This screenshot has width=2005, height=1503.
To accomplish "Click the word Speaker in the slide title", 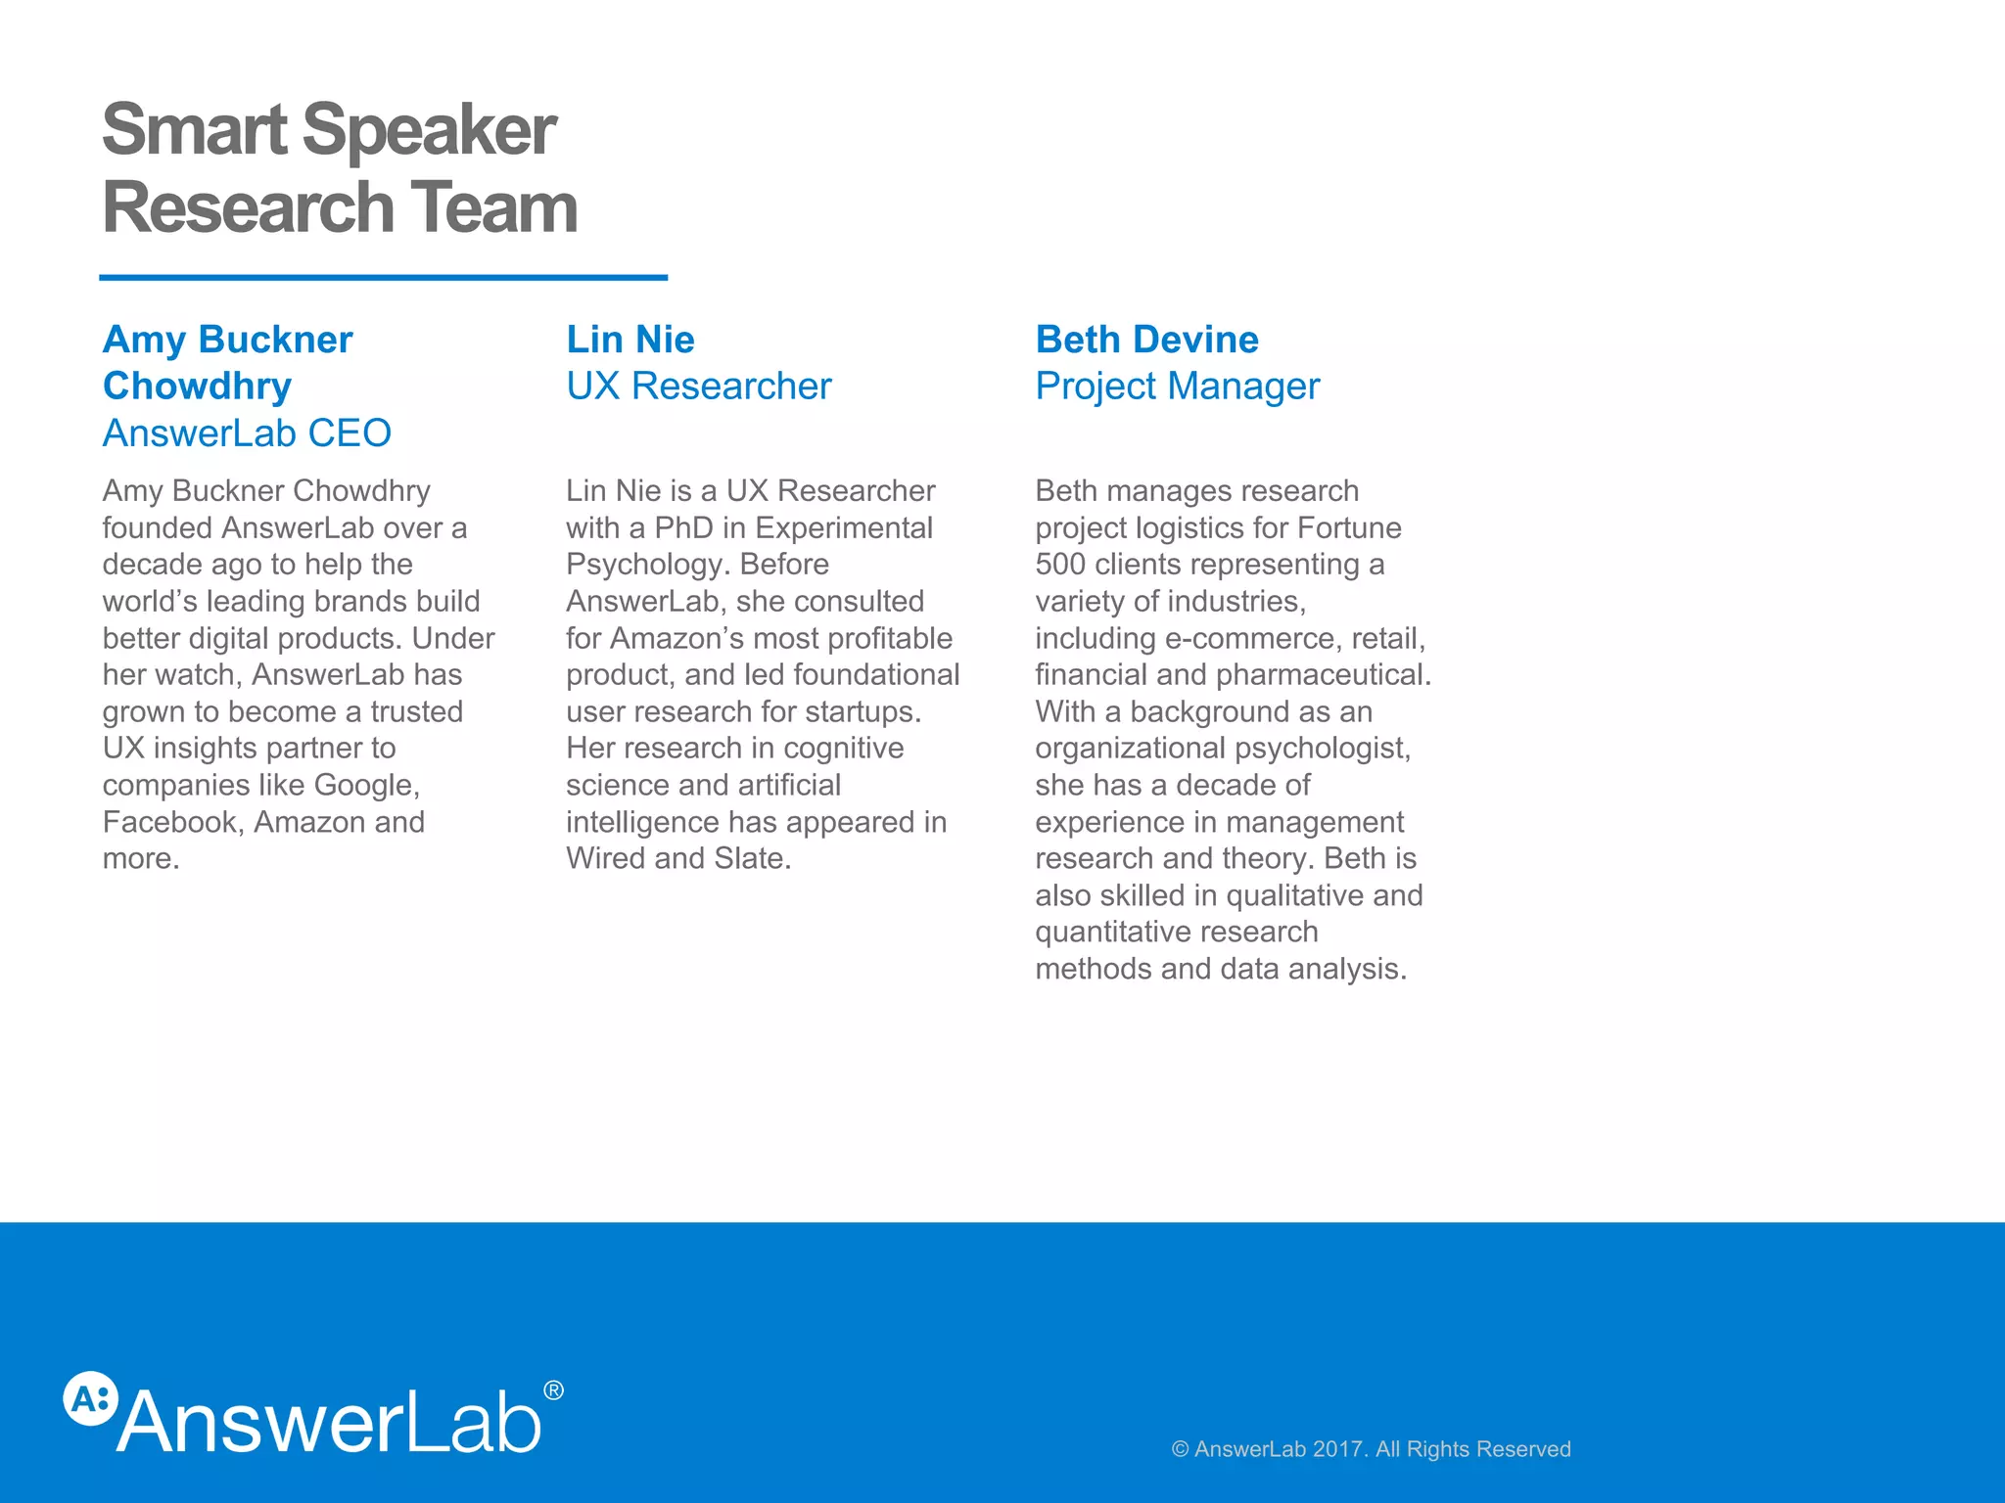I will pos(429,130).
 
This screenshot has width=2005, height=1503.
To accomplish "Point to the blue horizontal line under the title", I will pos(383,278).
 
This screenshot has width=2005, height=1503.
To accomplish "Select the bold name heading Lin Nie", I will pos(629,340).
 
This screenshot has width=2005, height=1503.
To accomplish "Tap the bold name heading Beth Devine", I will pos(1146,340).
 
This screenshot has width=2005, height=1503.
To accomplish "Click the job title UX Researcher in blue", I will pos(698,387).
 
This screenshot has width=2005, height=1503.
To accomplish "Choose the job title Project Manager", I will pos(1177,387).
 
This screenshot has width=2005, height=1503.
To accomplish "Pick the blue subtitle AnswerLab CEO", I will pos(247,433).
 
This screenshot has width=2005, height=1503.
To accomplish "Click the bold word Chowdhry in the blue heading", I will pos(197,387).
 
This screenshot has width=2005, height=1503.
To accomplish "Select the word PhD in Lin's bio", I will pos(683,527).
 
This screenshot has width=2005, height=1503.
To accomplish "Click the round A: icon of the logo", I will pos(90,1398).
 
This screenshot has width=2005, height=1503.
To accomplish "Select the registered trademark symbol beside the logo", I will pos(553,1390).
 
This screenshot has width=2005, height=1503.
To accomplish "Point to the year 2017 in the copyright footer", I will pos(1338,1449).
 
